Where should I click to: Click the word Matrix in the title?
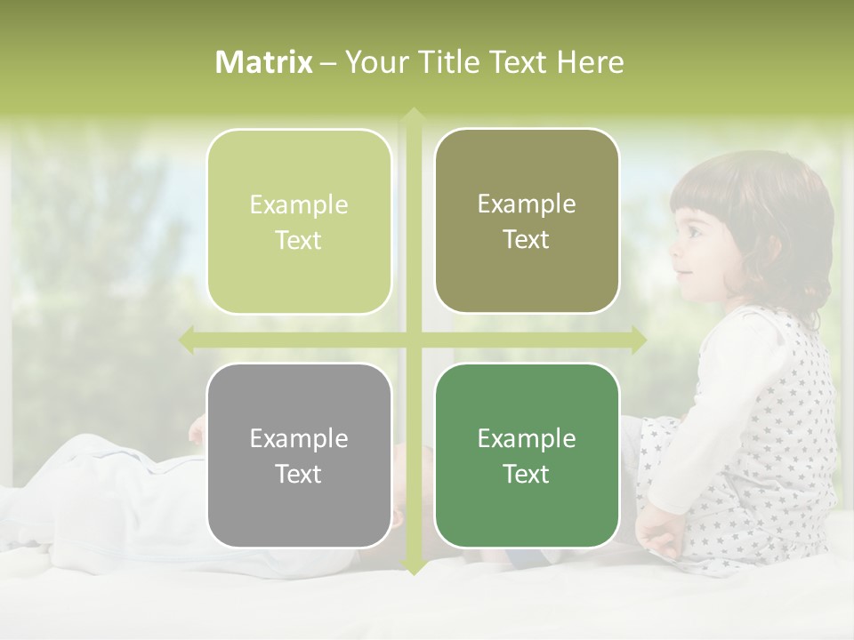[x=264, y=62]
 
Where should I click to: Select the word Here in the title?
[x=590, y=62]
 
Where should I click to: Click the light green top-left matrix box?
[x=299, y=221]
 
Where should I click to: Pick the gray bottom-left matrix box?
[x=299, y=455]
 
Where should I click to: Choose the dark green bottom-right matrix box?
[x=527, y=455]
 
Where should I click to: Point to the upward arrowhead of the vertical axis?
[x=413, y=115]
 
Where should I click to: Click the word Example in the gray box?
[x=299, y=438]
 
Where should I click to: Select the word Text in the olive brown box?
[x=527, y=239]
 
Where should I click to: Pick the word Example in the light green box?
[x=299, y=204]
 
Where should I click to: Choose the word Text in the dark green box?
[x=527, y=474]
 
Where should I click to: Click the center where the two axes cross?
[x=413, y=340]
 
